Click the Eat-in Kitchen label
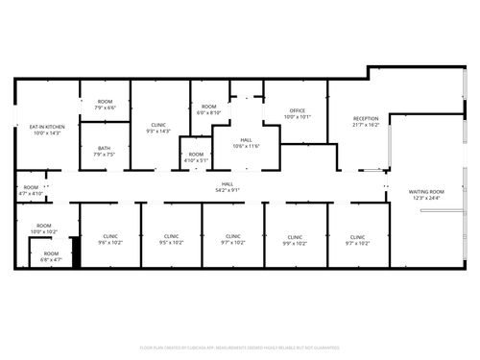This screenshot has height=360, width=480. [x=47, y=127]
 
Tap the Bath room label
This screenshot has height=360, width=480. [x=104, y=148]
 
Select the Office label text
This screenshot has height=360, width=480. [x=298, y=111]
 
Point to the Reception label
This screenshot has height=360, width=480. [x=366, y=118]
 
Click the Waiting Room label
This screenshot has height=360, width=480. [x=425, y=192]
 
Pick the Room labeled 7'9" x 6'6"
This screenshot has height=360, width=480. [x=104, y=102]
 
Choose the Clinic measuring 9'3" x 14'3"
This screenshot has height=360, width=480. [x=159, y=125]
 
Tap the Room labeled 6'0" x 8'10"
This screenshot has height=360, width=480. [x=208, y=107]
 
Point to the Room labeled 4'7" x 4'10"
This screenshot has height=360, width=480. [x=32, y=187]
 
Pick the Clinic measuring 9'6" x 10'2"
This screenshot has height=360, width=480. [x=110, y=236]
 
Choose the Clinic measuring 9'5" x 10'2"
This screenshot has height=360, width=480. [x=171, y=236]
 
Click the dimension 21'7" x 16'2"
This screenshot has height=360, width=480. [x=366, y=124]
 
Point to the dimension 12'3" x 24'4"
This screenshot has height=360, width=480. [x=425, y=198]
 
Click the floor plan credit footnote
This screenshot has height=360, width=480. [x=240, y=347]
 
